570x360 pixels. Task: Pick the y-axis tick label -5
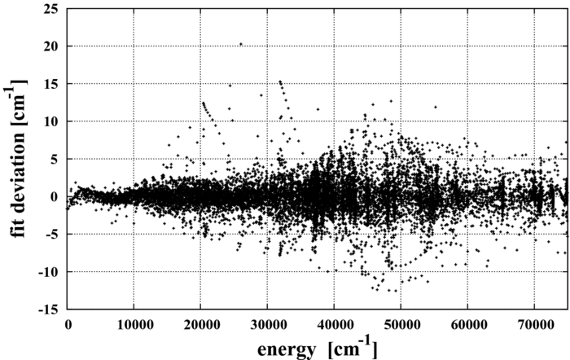[x=50, y=234]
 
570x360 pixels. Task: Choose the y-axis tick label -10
[x=47, y=271]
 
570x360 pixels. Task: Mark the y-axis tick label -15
[x=47, y=309]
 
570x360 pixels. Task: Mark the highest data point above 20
[x=240, y=44]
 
